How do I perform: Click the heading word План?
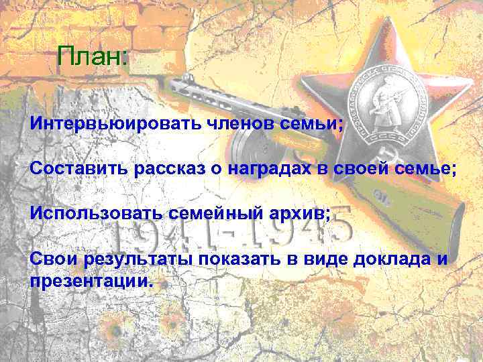point(92,56)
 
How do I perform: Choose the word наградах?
point(268,168)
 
